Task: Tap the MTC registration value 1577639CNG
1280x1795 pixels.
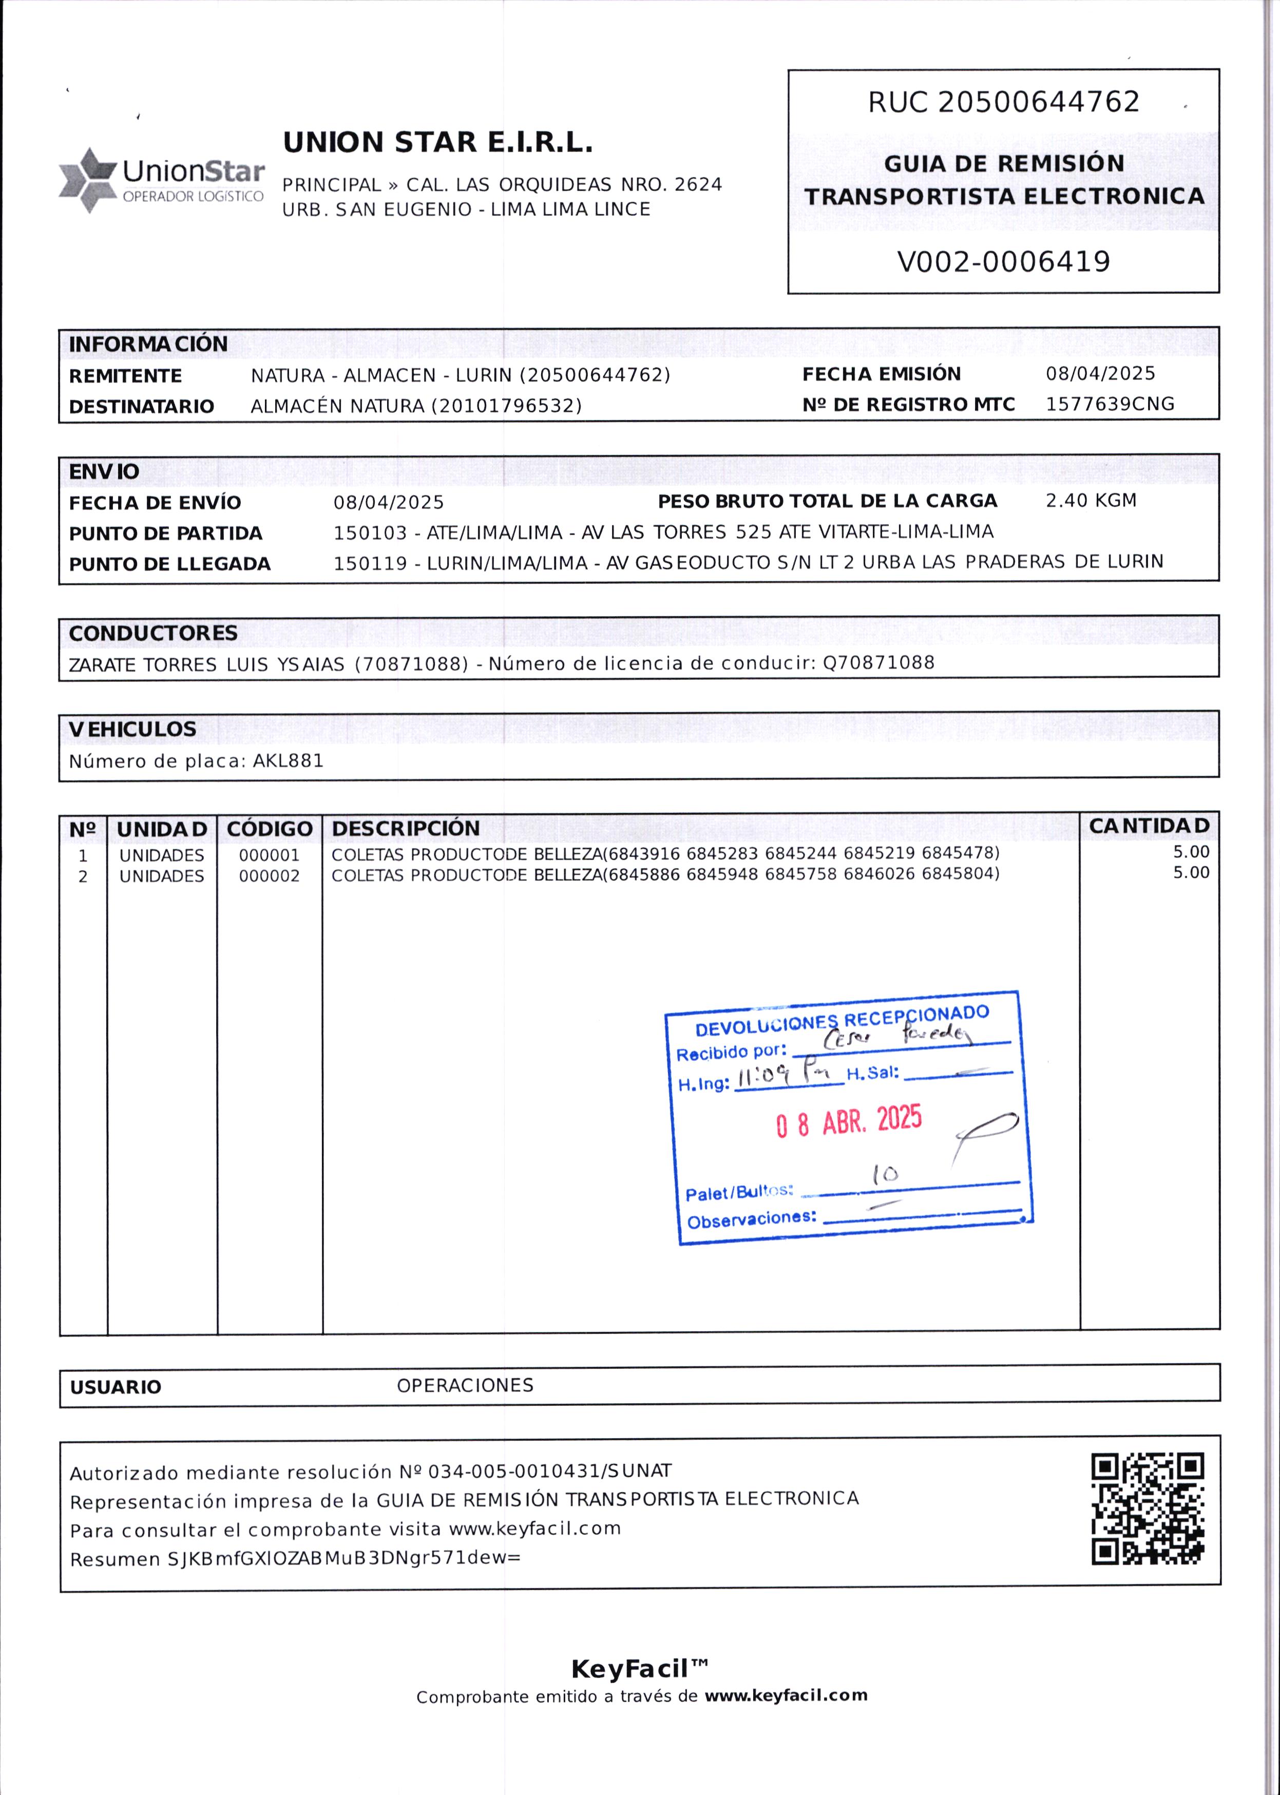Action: click(1110, 404)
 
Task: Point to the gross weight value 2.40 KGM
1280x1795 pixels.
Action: click(1091, 501)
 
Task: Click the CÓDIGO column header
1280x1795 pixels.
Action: click(270, 829)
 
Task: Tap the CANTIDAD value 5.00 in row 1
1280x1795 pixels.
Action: click(1191, 852)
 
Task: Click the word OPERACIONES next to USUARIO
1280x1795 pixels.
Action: click(465, 1385)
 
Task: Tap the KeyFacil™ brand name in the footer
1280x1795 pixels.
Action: click(639, 1669)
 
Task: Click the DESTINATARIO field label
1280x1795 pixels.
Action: click(142, 407)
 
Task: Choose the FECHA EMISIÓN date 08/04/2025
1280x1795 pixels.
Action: click(1100, 373)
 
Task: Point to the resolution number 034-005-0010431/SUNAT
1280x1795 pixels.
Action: click(546, 1471)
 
